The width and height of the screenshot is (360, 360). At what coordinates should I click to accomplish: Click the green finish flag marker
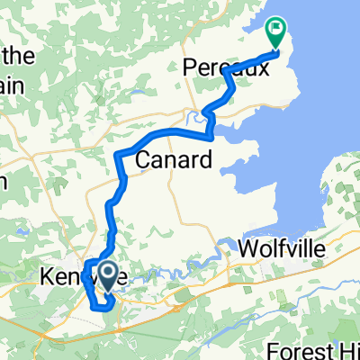coord(275,35)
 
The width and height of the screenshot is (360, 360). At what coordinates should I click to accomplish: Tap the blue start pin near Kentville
coord(106,275)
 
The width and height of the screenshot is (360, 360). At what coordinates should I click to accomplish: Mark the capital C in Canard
coord(144,160)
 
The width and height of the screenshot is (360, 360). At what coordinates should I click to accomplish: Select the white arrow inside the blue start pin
coord(106,271)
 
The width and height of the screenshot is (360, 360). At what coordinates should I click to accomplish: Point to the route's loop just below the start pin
coord(102,302)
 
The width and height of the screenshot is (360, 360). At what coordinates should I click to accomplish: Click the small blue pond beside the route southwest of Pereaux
coord(193,115)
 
